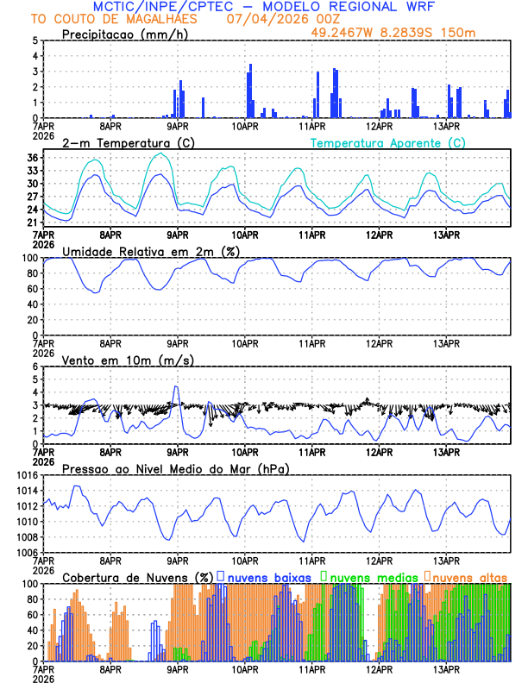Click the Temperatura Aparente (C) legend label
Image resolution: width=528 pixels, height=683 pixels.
pyautogui.click(x=388, y=143)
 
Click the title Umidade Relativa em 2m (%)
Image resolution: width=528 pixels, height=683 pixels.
pyautogui.click(x=151, y=251)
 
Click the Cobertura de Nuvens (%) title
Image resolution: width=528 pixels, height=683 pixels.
pyautogui.click(x=138, y=577)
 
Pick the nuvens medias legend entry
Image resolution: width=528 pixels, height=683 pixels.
pyautogui.click(x=368, y=577)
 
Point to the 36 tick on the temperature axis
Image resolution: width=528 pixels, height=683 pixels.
pyautogui.click(x=33, y=158)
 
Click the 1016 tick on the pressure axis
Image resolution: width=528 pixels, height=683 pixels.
pyautogui.click(x=27, y=475)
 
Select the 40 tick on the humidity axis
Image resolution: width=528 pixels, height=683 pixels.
pyautogui.click(x=33, y=304)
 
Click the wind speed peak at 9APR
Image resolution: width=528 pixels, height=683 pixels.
pyautogui.click(x=177, y=387)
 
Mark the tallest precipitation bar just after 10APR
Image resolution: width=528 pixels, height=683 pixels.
pyautogui.click(x=250, y=65)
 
